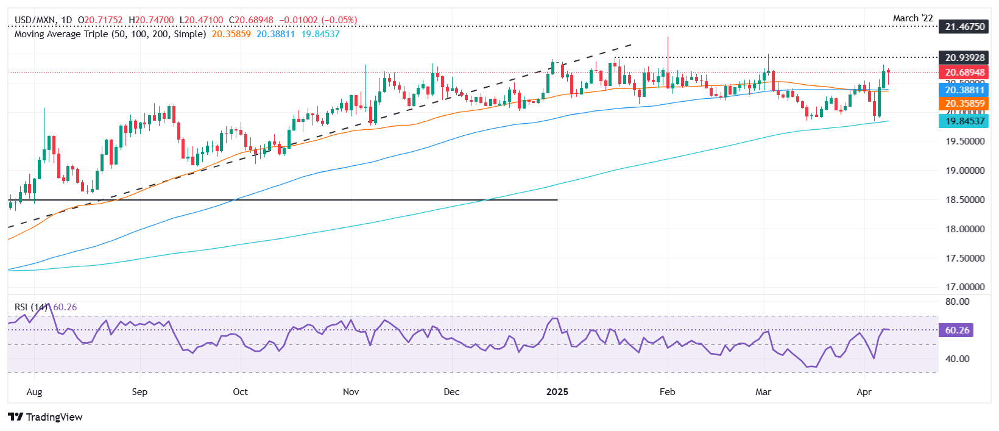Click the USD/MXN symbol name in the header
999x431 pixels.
tap(35, 20)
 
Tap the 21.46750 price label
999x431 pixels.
tap(965, 27)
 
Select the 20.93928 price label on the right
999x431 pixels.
tap(965, 58)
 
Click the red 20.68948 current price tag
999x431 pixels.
tap(965, 73)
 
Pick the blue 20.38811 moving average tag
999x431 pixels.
tap(965, 90)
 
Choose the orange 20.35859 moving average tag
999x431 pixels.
tap(965, 104)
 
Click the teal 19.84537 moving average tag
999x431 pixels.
tap(965, 121)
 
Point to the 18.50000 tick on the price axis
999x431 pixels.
tap(965, 200)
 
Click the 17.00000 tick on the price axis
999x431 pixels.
tap(965, 287)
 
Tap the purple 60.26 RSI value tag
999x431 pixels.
tap(957, 330)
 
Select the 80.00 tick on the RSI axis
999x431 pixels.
tap(957, 302)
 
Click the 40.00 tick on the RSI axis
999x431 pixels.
tap(957, 359)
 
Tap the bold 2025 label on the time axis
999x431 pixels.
tap(557, 392)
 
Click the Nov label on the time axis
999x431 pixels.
tap(351, 392)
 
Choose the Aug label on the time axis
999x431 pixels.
tap(35, 392)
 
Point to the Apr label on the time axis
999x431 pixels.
tap(864, 392)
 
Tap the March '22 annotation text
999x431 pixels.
tap(913, 18)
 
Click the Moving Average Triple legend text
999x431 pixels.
tap(110, 34)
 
